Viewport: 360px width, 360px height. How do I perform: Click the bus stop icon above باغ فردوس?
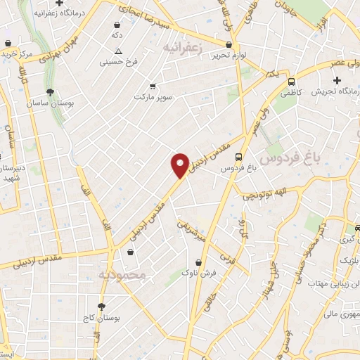[x=239, y=157]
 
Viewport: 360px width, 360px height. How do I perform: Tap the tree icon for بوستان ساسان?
[x=50, y=92]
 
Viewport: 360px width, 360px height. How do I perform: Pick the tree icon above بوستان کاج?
[x=103, y=307]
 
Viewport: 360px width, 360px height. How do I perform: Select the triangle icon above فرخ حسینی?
[x=118, y=51]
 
